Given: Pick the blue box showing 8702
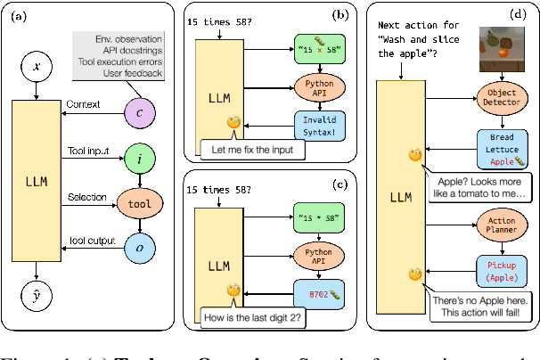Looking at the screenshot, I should (319, 289).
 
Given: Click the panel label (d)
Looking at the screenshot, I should (514, 15).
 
